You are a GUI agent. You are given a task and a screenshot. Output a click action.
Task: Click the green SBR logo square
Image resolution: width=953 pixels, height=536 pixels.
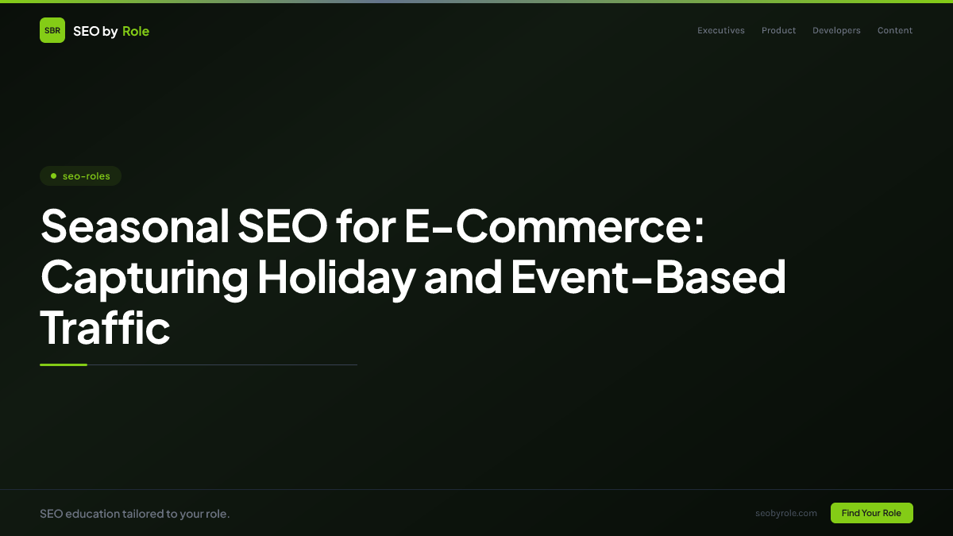pyautogui.click(x=52, y=30)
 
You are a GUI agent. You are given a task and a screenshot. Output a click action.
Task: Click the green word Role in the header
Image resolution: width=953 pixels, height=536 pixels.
pyautogui.click(x=136, y=31)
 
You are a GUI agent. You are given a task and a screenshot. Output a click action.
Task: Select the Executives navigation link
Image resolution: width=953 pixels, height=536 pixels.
pyautogui.click(x=721, y=31)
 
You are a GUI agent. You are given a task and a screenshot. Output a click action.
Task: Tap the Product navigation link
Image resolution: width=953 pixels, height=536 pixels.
pyautogui.click(x=778, y=31)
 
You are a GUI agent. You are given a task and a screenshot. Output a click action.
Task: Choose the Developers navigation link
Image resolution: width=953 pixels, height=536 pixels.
pyautogui.click(x=836, y=31)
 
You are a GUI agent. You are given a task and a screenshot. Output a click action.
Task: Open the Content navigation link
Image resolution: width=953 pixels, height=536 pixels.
pyautogui.click(x=895, y=31)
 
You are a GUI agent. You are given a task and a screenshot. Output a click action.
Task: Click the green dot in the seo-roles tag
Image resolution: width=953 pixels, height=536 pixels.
pyautogui.click(x=53, y=175)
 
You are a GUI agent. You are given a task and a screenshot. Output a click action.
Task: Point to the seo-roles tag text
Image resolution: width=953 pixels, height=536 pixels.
pyautogui.click(x=87, y=176)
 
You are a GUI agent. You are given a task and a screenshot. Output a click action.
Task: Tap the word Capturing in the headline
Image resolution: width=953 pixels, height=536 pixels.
pyautogui.click(x=143, y=276)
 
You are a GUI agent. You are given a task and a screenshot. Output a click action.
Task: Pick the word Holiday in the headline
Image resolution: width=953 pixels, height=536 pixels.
pyautogui.click(x=336, y=276)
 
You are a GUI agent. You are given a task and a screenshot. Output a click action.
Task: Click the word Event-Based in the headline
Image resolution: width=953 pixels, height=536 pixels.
pyautogui.click(x=648, y=276)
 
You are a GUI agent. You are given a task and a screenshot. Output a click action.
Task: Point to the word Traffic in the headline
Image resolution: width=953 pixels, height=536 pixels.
pyautogui.click(x=105, y=327)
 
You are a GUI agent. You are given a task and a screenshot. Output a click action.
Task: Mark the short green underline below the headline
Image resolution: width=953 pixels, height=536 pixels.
pyautogui.click(x=64, y=364)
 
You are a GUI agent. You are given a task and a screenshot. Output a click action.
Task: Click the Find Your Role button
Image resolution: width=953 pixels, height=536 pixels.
pyautogui.click(x=871, y=513)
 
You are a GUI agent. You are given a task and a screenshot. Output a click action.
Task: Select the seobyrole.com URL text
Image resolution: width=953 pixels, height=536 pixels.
pyautogui.click(x=786, y=513)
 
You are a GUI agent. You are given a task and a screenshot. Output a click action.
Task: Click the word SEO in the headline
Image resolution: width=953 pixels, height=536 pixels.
pyautogui.click(x=282, y=226)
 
